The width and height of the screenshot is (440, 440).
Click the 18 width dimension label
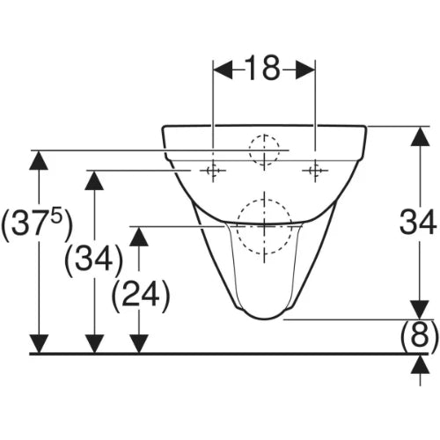[x=262, y=68]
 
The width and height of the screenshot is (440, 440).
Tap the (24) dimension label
[x=141, y=296]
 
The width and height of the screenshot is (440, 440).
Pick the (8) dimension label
[x=420, y=336]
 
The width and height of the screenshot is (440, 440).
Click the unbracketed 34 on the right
[x=419, y=222]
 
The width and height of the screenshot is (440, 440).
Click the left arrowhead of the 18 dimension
[x=223, y=70]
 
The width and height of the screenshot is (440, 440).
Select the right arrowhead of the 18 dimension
[x=305, y=70]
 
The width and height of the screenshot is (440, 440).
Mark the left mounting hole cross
[x=213, y=171]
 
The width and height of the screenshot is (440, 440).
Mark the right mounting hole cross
[x=315, y=171]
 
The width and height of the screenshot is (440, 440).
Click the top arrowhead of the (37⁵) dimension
[x=39, y=160]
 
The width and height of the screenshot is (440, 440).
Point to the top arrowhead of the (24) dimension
[x=139, y=237]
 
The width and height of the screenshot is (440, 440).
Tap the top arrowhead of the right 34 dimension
[x=420, y=136]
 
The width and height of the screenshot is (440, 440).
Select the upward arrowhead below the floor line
[x=420, y=364]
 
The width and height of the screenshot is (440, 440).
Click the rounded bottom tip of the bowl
[x=265, y=319]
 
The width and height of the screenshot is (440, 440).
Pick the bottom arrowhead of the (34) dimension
[x=94, y=343]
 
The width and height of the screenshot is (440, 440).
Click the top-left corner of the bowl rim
[x=164, y=128]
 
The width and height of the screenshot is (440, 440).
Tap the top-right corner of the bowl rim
[x=365, y=128]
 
